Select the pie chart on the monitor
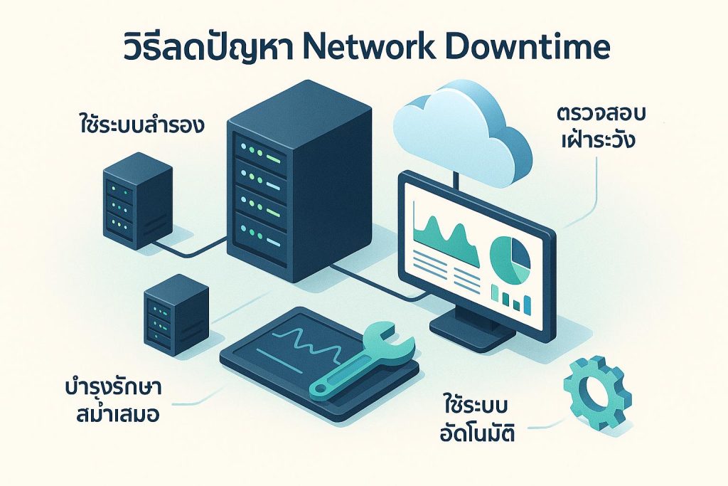coord(510,258)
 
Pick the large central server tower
coord(299,181)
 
